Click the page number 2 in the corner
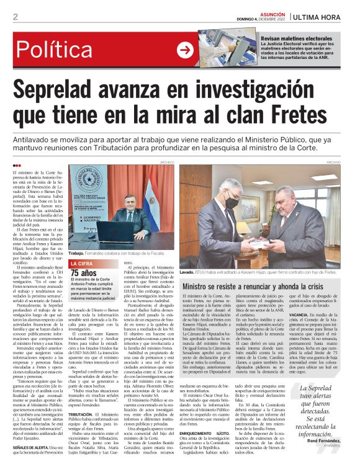click(x=16, y=17)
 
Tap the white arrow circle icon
click(x=185, y=50)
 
